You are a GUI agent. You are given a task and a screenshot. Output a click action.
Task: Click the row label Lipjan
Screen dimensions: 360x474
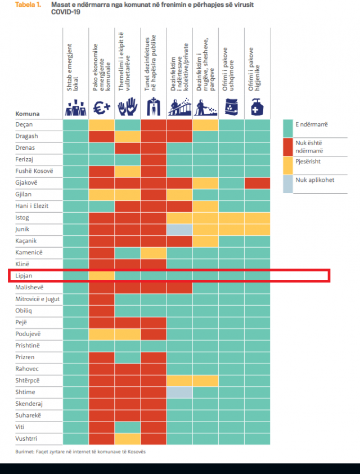24,276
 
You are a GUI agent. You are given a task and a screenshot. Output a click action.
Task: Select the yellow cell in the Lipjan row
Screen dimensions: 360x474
102,276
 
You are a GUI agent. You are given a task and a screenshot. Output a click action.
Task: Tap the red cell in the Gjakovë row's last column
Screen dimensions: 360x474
257,183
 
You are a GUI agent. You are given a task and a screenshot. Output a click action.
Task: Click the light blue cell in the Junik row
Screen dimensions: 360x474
179,230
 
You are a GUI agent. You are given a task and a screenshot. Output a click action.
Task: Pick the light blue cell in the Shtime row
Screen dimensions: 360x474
179,392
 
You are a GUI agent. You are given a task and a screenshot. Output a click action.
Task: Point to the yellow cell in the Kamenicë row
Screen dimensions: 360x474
154,253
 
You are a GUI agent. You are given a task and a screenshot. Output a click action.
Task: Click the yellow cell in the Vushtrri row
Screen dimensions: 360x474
128,439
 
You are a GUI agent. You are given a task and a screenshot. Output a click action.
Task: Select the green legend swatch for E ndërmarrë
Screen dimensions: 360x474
288,128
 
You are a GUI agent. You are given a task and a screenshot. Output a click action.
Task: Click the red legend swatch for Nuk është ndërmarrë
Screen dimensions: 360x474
288,147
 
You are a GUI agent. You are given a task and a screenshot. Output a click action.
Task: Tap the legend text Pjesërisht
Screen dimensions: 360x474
308,162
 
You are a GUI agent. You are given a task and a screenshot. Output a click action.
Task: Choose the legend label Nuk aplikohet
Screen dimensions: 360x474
314,180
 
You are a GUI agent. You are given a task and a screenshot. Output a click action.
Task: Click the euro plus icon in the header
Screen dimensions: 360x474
101,108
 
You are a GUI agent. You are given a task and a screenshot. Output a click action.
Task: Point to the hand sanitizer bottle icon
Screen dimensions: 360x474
257,107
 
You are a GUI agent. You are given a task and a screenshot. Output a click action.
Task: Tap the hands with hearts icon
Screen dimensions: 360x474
128,107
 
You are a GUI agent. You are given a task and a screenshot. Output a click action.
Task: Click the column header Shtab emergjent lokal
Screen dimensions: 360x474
73,68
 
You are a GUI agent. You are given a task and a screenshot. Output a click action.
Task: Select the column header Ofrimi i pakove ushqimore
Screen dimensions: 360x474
228,69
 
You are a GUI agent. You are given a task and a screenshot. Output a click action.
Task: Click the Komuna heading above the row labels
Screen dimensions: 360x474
28,114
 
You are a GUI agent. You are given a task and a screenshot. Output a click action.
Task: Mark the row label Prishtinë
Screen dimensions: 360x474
28,346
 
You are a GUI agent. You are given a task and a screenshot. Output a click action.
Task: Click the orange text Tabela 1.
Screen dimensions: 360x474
28,5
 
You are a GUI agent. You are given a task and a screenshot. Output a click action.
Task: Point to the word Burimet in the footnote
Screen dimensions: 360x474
24,451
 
